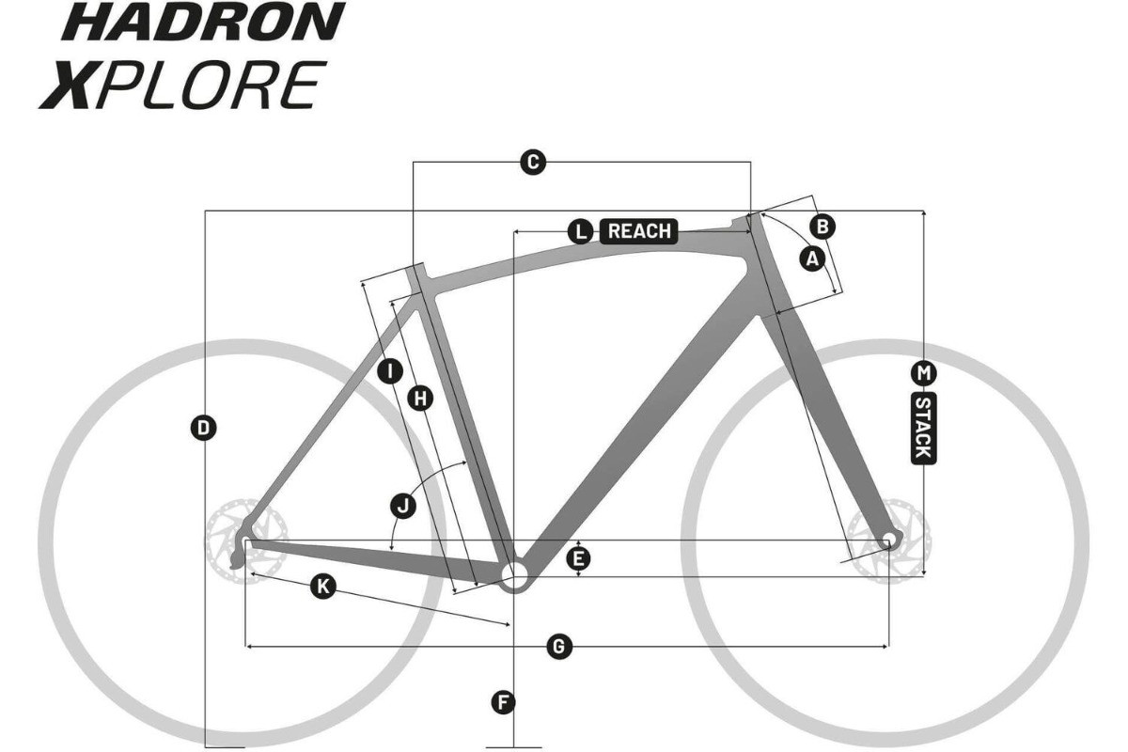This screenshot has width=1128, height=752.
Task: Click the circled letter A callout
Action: pos(812,258)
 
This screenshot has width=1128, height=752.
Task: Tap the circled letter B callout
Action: pos(822,227)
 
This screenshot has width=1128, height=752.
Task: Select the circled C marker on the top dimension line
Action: pos(533,163)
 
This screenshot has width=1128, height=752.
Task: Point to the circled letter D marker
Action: pos(203,428)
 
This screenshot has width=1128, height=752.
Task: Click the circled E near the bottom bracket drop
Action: pos(578,558)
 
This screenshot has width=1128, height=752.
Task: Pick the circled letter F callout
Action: pos(503,701)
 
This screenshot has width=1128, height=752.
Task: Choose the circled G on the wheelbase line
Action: pos(559,646)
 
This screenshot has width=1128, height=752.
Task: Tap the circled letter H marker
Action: pos(420,399)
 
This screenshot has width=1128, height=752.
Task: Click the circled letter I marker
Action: pos(390,371)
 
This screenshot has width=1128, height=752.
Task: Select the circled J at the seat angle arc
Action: pos(403,506)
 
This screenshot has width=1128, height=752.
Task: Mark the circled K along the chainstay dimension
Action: pos(322,587)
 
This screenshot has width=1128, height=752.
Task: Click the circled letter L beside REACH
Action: pos(581,231)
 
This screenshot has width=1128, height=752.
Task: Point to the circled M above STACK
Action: pos(923,373)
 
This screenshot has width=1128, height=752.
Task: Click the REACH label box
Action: pos(639,231)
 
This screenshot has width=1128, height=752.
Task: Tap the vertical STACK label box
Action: pos(923,429)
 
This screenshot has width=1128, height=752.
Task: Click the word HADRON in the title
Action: pos(203,22)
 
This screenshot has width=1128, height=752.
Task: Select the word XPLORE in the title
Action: pos(182,85)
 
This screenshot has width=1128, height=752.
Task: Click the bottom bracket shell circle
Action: pos(513,573)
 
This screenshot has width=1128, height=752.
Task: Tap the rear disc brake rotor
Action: pos(246,540)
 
